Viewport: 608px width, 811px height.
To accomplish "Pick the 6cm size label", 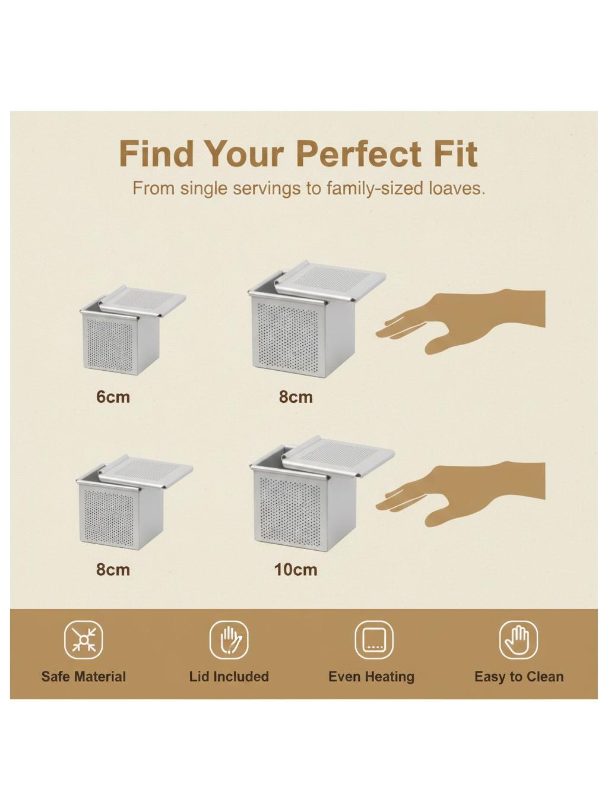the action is (113, 397).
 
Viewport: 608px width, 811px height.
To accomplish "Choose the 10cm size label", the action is (295, 570).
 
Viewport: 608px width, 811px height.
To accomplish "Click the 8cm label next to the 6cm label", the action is (296, 397).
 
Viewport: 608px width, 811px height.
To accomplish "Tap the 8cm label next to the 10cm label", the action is (113, 570).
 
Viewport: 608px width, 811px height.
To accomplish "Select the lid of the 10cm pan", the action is (338, 455).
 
